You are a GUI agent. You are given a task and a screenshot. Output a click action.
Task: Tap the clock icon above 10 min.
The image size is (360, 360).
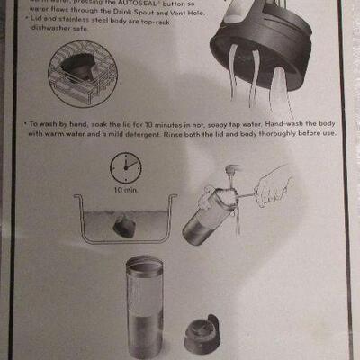pos(127,167)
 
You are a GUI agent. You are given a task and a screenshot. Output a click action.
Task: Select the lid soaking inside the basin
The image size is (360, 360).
pos(125,228)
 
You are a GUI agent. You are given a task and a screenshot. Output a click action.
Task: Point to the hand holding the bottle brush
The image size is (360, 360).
pos(272,187)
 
